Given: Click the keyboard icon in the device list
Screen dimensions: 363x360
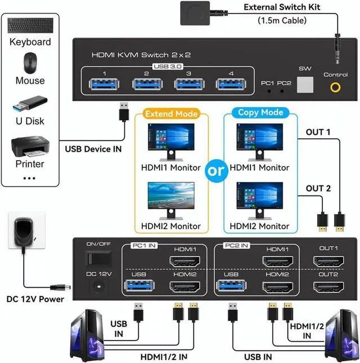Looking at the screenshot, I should click(29, 25).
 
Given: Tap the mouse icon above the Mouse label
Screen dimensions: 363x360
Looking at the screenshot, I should click(30, 62).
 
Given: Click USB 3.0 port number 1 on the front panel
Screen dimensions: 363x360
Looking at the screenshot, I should click(104, 84).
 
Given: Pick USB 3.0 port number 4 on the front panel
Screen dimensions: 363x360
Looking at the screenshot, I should click(231, 84).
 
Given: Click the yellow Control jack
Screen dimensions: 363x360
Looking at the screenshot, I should click(336, 87).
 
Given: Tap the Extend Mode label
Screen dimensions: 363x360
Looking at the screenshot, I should click(172, 114).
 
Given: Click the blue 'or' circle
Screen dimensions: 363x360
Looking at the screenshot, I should click(216, 171).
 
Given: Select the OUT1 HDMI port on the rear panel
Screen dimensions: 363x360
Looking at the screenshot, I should click(329, 261).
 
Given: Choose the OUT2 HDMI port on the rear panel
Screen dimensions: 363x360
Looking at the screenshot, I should click(329, 287).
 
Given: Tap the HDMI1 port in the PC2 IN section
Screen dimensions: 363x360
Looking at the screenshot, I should click(277, 261).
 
